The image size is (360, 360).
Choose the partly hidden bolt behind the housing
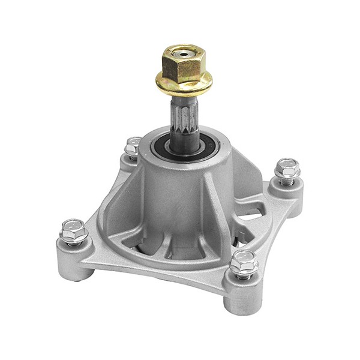(133, 145)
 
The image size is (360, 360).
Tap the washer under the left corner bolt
(74, 239)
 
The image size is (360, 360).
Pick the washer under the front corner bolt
(244, 273)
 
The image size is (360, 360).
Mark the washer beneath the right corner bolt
(287, 179)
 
